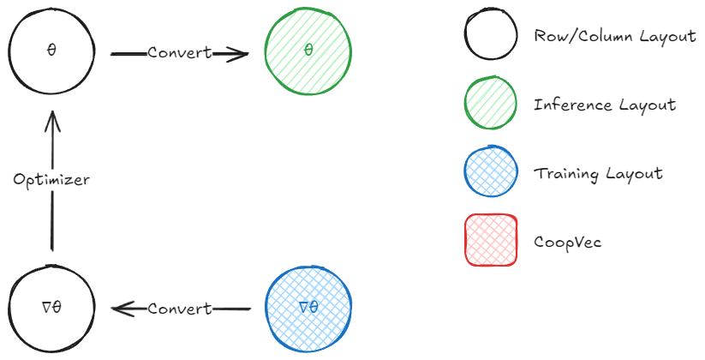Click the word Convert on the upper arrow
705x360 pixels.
(179, 52)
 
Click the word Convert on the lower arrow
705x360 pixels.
(179, 309)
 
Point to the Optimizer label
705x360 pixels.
(51, 180)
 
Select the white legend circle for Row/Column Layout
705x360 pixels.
(490, 37)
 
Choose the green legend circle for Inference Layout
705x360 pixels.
(490, 105)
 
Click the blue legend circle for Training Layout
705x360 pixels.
(490, 173)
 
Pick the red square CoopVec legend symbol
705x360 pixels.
(490, 241)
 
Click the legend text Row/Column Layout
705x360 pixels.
(614, 37)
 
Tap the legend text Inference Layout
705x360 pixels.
(604, 105)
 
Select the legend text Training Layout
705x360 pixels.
(598, 173)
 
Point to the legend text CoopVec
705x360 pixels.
(567, 242)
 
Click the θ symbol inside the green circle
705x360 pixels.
(308, 51)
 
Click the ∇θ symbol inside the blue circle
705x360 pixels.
(308, 307)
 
